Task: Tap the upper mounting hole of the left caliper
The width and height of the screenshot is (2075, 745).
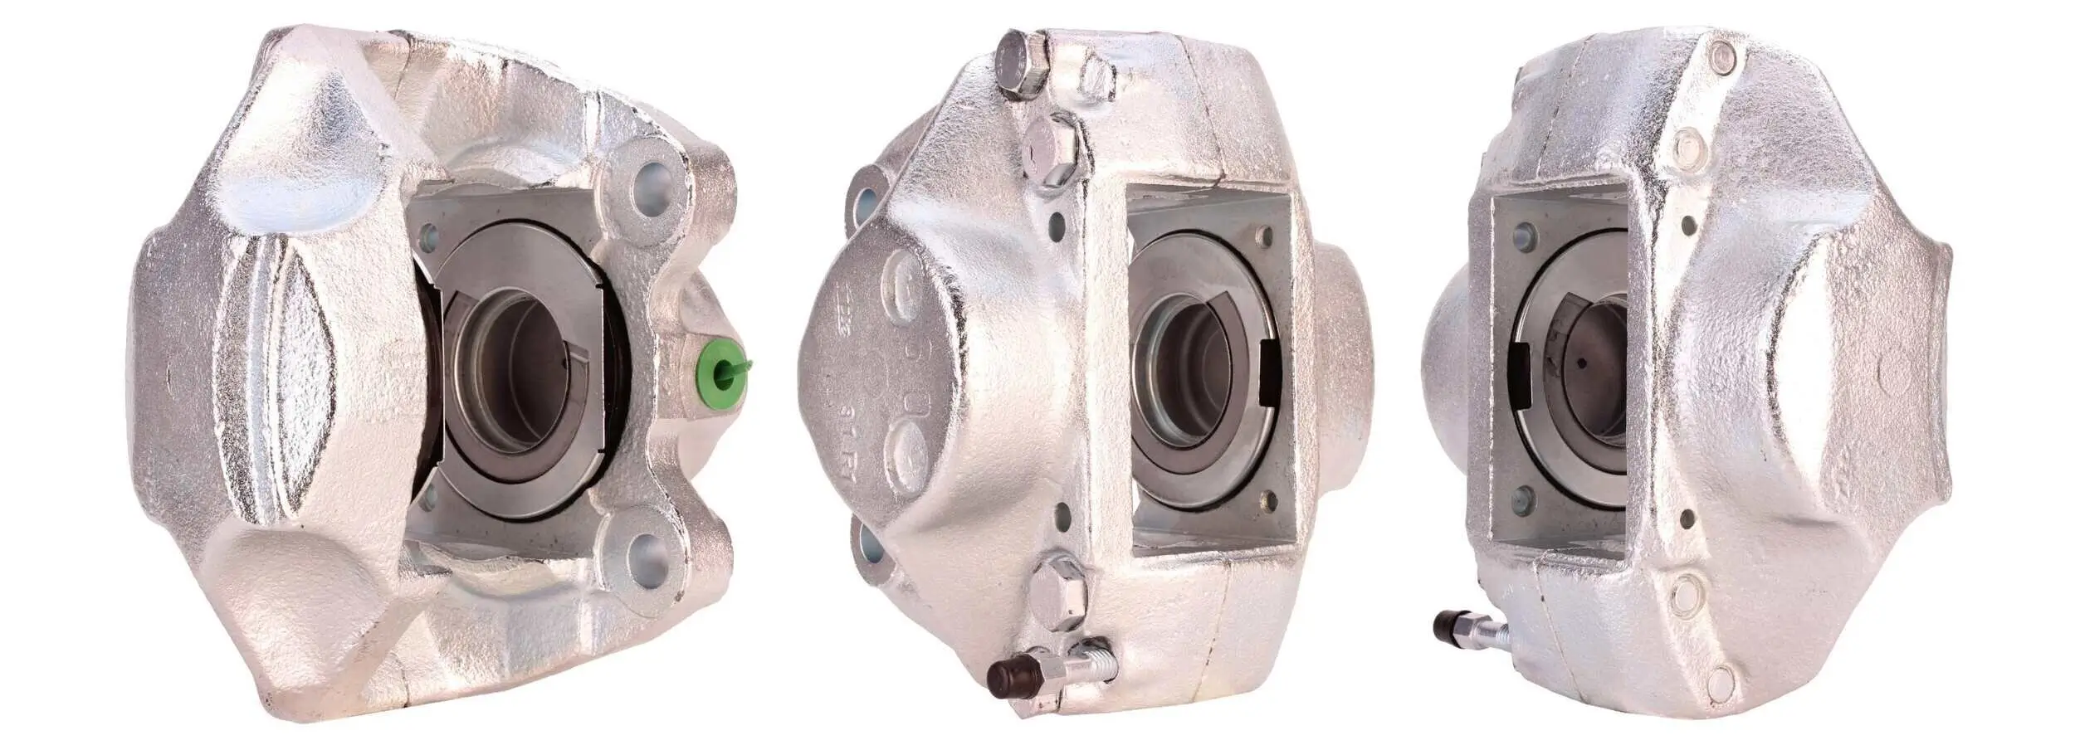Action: (650, 196)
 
